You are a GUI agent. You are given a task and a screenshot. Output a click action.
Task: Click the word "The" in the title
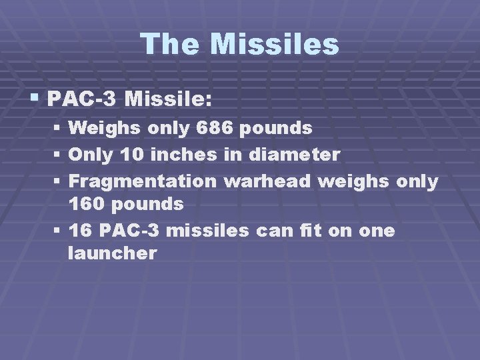170,45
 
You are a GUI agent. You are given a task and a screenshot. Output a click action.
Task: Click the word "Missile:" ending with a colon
169,101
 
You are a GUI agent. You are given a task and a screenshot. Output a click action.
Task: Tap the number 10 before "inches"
132,155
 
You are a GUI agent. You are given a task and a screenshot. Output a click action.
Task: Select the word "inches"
184,155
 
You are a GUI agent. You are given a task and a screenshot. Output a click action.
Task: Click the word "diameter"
294,155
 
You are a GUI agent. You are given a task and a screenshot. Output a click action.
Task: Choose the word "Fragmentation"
143,181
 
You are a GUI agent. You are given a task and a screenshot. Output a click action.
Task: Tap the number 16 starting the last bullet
80,231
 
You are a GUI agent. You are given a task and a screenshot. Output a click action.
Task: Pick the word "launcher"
113,253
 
